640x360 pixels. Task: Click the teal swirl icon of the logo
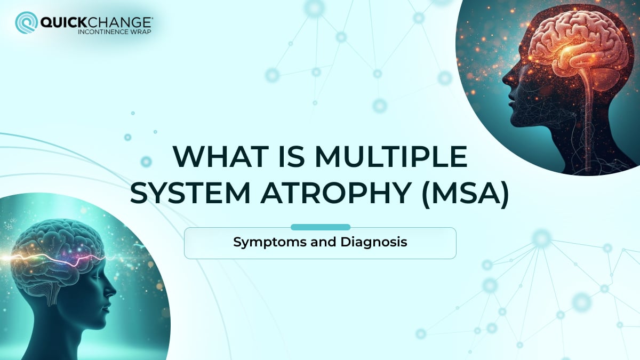(26, 23)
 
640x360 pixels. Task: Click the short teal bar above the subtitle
(320, 227)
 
